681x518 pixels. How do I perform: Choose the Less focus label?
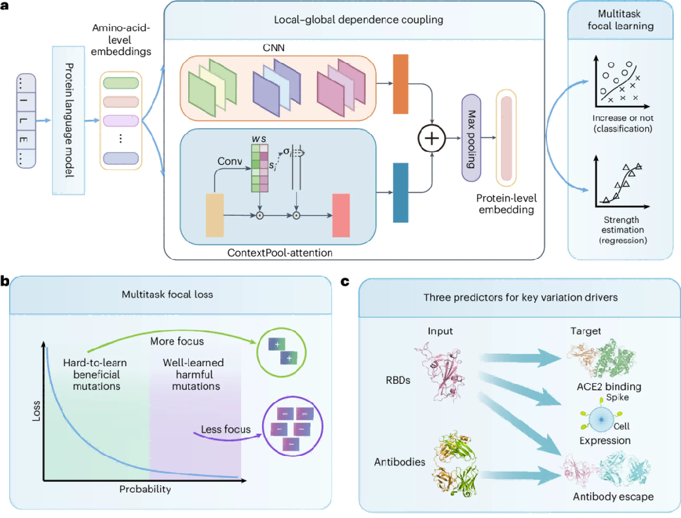click(226, 430)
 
